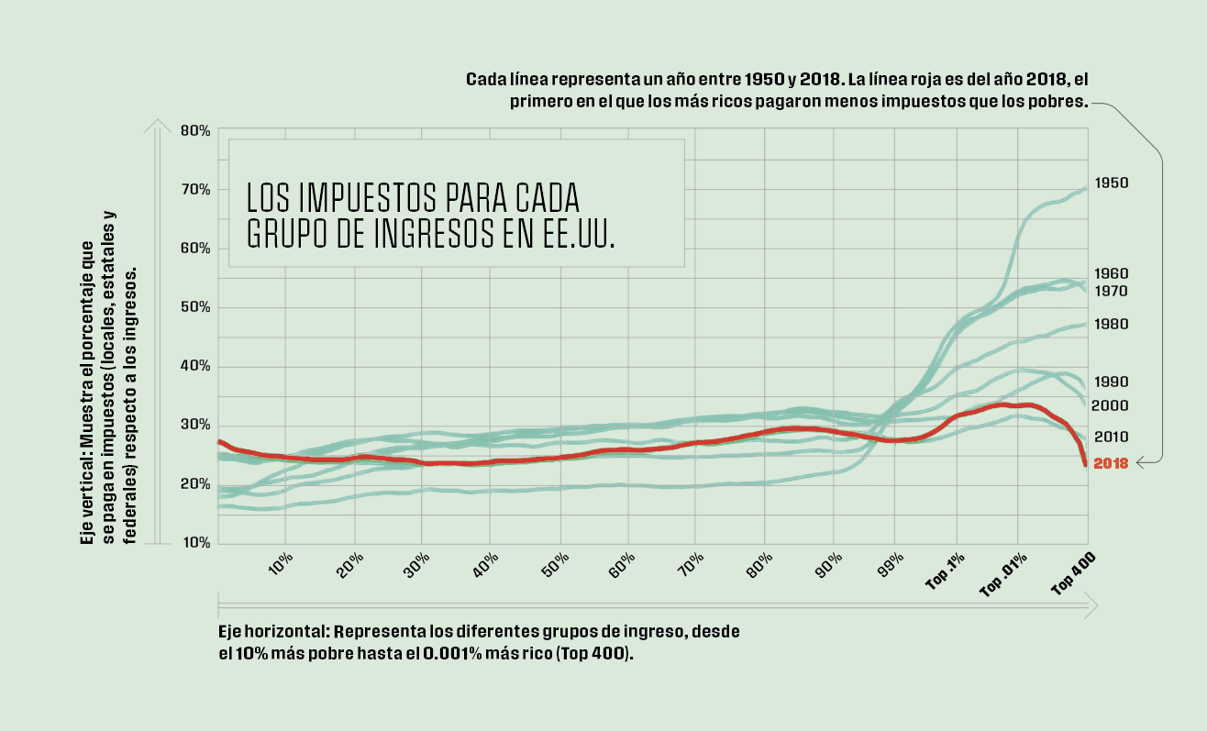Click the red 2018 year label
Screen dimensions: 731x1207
1111,464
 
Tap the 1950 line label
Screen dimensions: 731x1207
1111,183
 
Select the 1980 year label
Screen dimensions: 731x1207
1111,325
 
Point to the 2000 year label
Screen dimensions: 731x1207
1111,405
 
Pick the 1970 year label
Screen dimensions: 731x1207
1111,291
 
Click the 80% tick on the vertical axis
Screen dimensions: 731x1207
196,131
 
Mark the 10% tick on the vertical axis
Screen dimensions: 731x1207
196,543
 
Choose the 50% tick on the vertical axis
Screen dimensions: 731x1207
196,307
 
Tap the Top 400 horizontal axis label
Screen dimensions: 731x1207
1074,575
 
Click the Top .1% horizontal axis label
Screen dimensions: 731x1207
945,574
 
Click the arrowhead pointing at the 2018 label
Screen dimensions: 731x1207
1140,464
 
